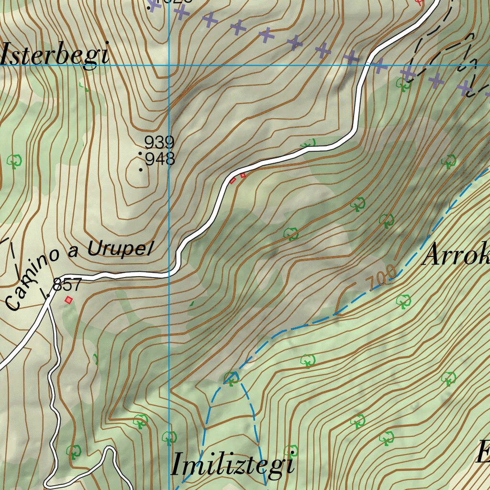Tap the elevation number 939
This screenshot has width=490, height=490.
coord(159,142)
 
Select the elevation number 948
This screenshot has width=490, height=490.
coord(160,159)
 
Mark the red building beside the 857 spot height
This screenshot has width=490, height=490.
coord(68,300)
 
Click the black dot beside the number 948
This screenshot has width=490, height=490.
coord(141,169)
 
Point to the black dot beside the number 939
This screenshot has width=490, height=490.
coord(140,153)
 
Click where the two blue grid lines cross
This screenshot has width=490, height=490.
coord(169,65)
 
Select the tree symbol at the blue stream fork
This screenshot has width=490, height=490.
coord(232,378)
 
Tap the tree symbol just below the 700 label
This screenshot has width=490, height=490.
coord(403,301)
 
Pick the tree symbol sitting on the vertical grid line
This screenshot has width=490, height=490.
coord(169,437)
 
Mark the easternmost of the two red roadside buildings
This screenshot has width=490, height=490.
coord(243,176)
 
